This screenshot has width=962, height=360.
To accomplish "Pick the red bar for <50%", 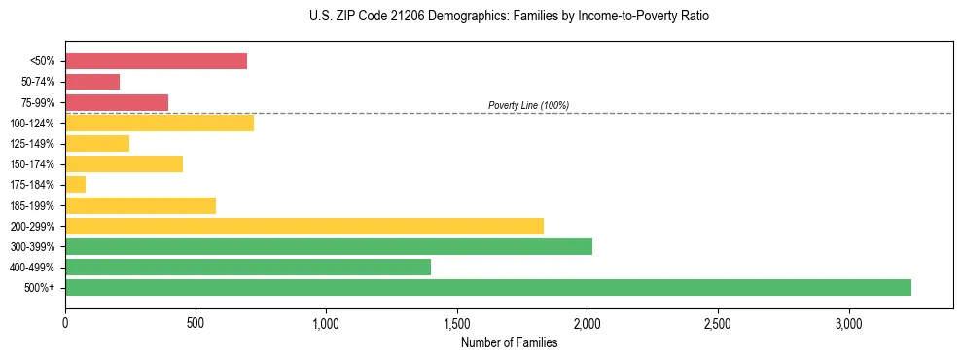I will tap(156, 61).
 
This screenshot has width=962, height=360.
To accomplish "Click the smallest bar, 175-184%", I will tap(76, 185).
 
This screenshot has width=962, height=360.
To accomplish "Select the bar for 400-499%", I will tap(248, 267).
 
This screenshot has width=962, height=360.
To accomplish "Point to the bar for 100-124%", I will tap(160, 124).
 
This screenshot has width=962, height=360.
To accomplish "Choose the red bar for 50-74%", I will tap(92, 82).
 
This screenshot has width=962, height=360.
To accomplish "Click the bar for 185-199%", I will tap(140, 205).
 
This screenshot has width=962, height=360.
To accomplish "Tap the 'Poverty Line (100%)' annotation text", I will tap(528, 105).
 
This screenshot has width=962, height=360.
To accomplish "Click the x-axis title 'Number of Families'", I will tap(509, 342).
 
